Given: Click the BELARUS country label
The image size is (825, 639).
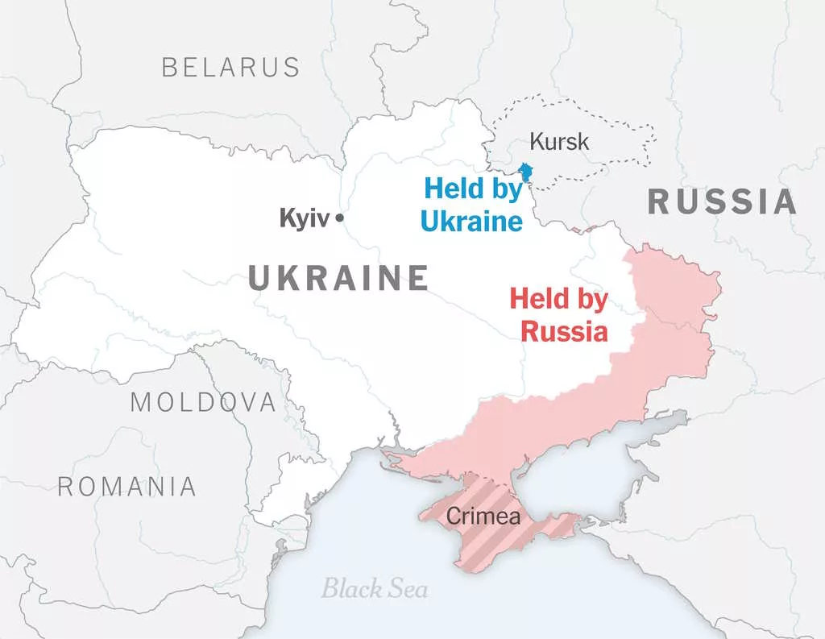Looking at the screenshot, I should coord(230,67).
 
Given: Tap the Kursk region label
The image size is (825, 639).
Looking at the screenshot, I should coord(559,143).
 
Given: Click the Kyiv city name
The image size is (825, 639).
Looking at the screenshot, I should coord(305,218).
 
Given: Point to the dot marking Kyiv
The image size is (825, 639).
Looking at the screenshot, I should coord(340,218).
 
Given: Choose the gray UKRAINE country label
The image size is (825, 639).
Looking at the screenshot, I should coord(338,278).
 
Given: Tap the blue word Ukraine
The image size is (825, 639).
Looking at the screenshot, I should coord(471,221).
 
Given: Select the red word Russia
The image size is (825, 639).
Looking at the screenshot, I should coord(564,330).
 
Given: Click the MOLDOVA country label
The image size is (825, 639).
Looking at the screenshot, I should coord(203,401).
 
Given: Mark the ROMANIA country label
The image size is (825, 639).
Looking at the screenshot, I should coord(126,486).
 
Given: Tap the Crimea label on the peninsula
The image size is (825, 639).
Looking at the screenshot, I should coord(483,517).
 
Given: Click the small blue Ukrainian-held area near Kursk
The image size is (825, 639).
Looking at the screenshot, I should coord(526,172).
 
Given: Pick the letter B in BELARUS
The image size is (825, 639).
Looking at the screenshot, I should coord(169,67).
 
